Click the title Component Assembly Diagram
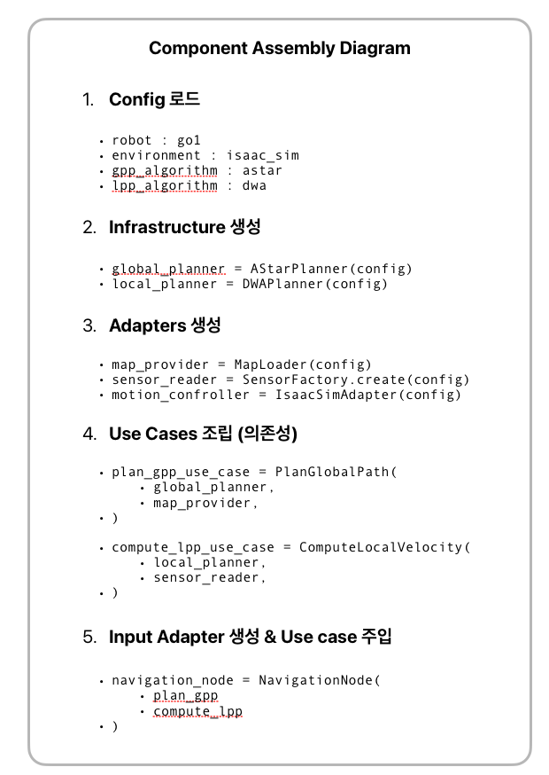(279, 48)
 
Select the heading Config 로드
(154, 99)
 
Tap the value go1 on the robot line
(189, 140)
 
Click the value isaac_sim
(262, 155)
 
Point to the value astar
(262, 170)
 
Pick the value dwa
(254, 185)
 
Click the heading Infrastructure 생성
(184, 227)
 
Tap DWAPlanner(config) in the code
(315, 284)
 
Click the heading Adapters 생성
(165, 325)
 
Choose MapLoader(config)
(303, 364)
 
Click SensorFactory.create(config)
(356, 380)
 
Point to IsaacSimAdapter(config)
(367, 395)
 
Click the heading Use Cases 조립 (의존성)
(203, 434)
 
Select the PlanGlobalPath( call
(336, 472)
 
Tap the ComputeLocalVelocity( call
(384, 547)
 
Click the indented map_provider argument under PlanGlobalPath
(205, 503)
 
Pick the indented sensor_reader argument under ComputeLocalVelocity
(209, 577)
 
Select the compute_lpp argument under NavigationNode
(197, 711)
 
